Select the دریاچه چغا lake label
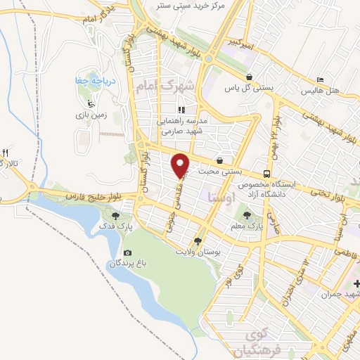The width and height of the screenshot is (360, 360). click(91, 82)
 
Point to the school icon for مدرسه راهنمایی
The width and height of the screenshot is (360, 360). click(181, 110)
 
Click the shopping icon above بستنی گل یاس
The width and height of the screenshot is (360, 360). click(249, 77)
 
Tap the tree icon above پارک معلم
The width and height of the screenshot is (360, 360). click(246, 215)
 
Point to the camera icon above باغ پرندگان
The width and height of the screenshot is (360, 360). click(127, 252)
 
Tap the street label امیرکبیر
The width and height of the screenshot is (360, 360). click(241, 44)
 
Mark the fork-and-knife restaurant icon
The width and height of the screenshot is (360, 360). click(6, 153)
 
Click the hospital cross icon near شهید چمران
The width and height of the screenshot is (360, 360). click(357, 284)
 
